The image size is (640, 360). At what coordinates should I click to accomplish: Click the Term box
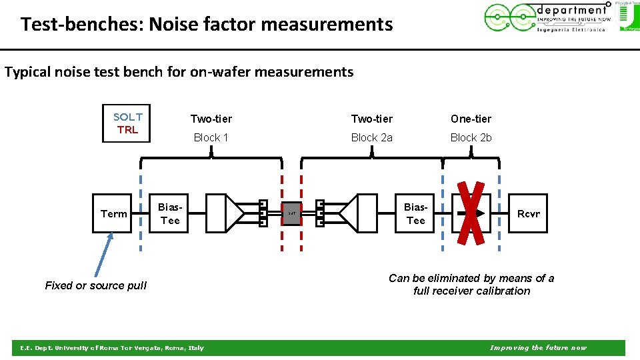tap(113, 213)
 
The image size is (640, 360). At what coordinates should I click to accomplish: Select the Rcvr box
tap(528, 213)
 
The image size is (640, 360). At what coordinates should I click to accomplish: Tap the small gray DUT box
tap(291, 213)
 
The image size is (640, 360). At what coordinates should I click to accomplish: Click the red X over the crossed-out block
tap(471, 213)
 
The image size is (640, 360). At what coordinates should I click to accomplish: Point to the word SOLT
tap(127, 117)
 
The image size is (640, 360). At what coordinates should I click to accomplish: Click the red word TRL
tap(127, 130)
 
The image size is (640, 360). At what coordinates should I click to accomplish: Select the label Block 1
tap(211, 137)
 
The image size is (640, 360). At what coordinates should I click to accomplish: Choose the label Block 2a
tap(371, 137)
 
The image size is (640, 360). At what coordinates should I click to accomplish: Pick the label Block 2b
tap(471, 137)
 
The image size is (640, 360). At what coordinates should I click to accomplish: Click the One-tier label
tap(471, 119)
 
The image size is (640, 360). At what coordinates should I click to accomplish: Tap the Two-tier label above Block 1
tap(211, 119)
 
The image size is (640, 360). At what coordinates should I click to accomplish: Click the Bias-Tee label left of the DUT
tap(170, 213)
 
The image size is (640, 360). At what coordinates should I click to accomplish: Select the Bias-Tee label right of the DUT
tap(415, 213)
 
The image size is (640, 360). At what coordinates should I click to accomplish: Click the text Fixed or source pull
tap(95, 285)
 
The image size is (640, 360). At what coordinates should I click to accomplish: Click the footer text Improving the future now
tap(538, 347)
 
